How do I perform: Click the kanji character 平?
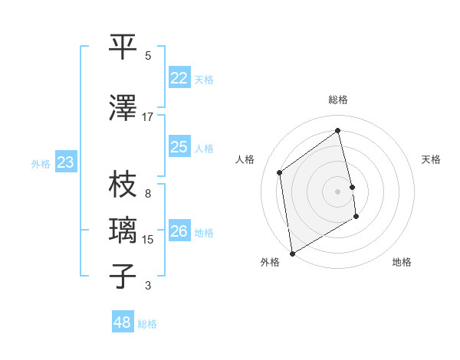(123, 47)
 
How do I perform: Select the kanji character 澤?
(123, 108)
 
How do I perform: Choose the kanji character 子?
(123, 276)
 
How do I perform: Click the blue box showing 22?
(179, 78)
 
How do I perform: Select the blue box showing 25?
(179, 147)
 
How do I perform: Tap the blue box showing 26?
(179, 231)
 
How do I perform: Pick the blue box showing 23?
(66, 162)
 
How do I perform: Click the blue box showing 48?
(123, 322)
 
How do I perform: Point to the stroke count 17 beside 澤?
(148, 117)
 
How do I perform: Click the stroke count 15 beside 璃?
(148, 240)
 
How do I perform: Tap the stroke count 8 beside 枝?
(148, 194)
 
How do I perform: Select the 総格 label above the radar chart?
(338, 100)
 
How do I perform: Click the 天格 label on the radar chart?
(431, 159)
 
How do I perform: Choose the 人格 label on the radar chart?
(245, 159)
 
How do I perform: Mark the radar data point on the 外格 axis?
(292, 253)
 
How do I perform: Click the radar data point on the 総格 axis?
(338, 131)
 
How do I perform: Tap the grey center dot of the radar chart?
(338, 191)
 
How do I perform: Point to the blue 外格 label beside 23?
(40, 163)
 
